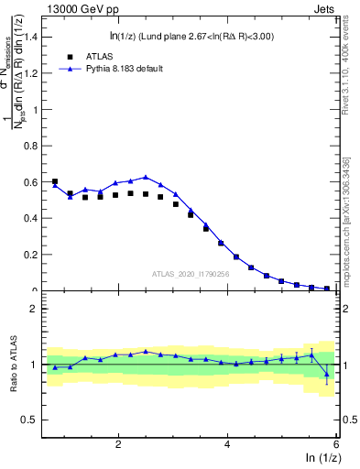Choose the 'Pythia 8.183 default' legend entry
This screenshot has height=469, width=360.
pyautogui.click(x=120, y=69)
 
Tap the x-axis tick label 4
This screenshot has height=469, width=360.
pyautogui.click(x=227, y=443)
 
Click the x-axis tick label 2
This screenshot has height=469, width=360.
pyautogui.click(x=118, y=443)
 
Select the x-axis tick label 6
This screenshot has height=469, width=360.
pyautogui.click(x=336, y=443)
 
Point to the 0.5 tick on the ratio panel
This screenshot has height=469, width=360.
pyautogui.click(x=34, y=420)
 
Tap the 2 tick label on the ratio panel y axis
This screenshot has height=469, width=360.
pyautogui.click(x=38, y=309)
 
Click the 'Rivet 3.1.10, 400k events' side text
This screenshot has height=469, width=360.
pyautogui.click(x=348, y=73)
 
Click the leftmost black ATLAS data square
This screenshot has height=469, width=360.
pyautogui.click(x=55, y=181)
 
